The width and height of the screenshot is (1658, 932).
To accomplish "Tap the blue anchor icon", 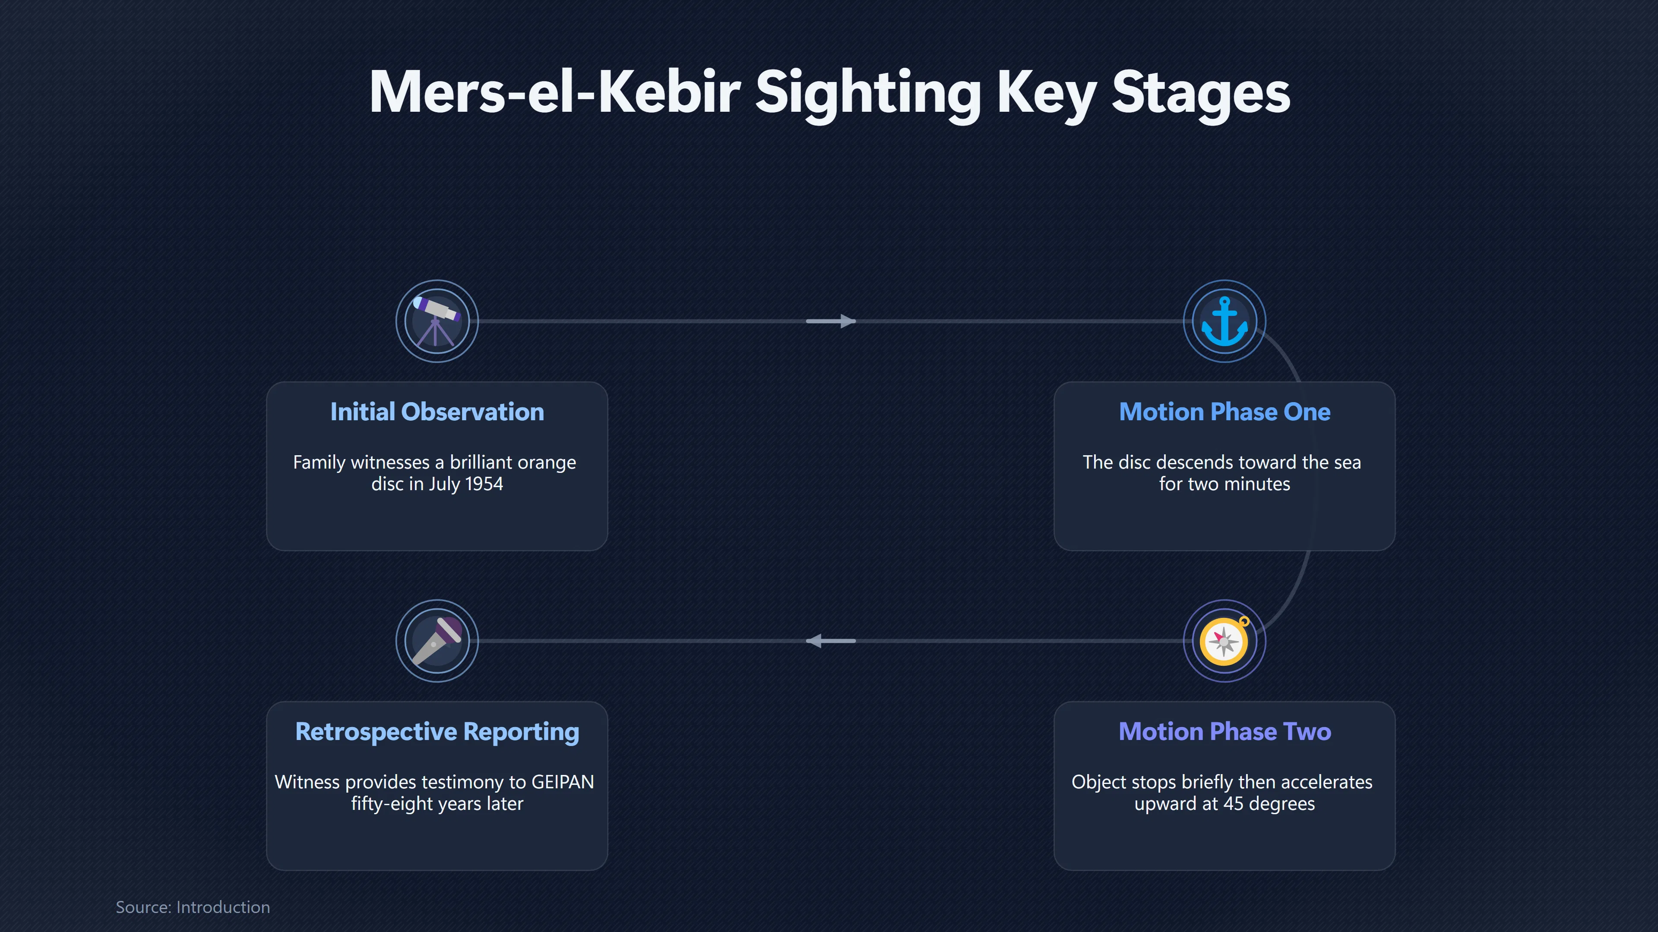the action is (x=1224, y=321).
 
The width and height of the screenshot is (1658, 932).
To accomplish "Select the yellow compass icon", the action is (x=1224, y=641).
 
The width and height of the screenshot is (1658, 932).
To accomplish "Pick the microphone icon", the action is (x=437, y=641).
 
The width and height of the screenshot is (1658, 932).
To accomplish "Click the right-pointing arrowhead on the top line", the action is (x=848, y=321).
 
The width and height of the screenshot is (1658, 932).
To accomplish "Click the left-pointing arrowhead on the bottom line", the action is (x=814, y=641).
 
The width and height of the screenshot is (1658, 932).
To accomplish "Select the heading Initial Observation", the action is (x=437, y=412).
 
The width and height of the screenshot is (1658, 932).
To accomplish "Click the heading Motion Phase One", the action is (x=1224, y=412).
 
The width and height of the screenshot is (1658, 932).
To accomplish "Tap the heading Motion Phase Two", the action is (x=1224, y=731).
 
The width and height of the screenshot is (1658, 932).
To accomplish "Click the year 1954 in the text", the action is (x=484, y=484).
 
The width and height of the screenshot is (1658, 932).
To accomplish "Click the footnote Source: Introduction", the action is (x=193, y=907).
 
